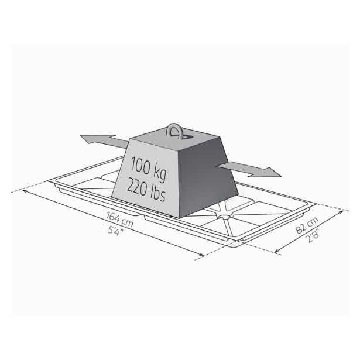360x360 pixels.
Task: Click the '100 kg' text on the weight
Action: (x=148, y=169)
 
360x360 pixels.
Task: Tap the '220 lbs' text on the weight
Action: (x=146, y=190)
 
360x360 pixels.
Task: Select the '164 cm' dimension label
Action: (x=120, y=219)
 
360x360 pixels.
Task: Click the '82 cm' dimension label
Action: (x=307, y=225)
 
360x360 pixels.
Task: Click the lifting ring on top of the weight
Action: (x=174, y=131)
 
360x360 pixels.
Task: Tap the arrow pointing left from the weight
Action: (x=104, y=141)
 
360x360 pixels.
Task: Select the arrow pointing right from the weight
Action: (x=249, y=169)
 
